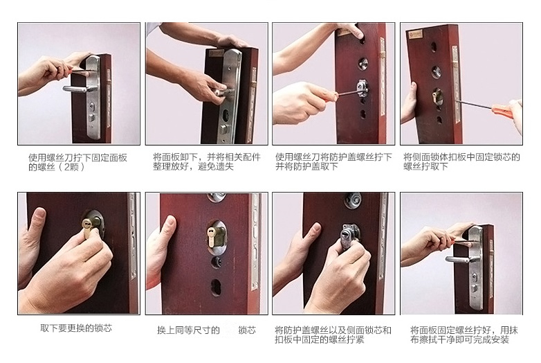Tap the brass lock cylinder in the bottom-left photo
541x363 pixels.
click(x=88, y=225)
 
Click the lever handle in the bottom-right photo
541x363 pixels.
click(x=458, y=260)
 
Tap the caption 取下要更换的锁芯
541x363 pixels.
click(x=75, y=328)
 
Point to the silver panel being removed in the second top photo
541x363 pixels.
click(x=231, y=90)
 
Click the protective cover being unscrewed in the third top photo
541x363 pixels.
click(x=361, y=89)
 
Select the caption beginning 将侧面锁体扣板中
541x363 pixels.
click(x=461, y=162)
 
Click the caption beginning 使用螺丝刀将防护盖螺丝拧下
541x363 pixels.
click(x=333, y=162)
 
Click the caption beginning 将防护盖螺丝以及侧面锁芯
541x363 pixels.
click(x=333, y=335)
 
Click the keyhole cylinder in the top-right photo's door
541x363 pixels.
click(x=436, y=96)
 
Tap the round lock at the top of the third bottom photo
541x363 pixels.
click(x=353, y=200)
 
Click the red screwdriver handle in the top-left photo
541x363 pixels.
click(x=78, y=71)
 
